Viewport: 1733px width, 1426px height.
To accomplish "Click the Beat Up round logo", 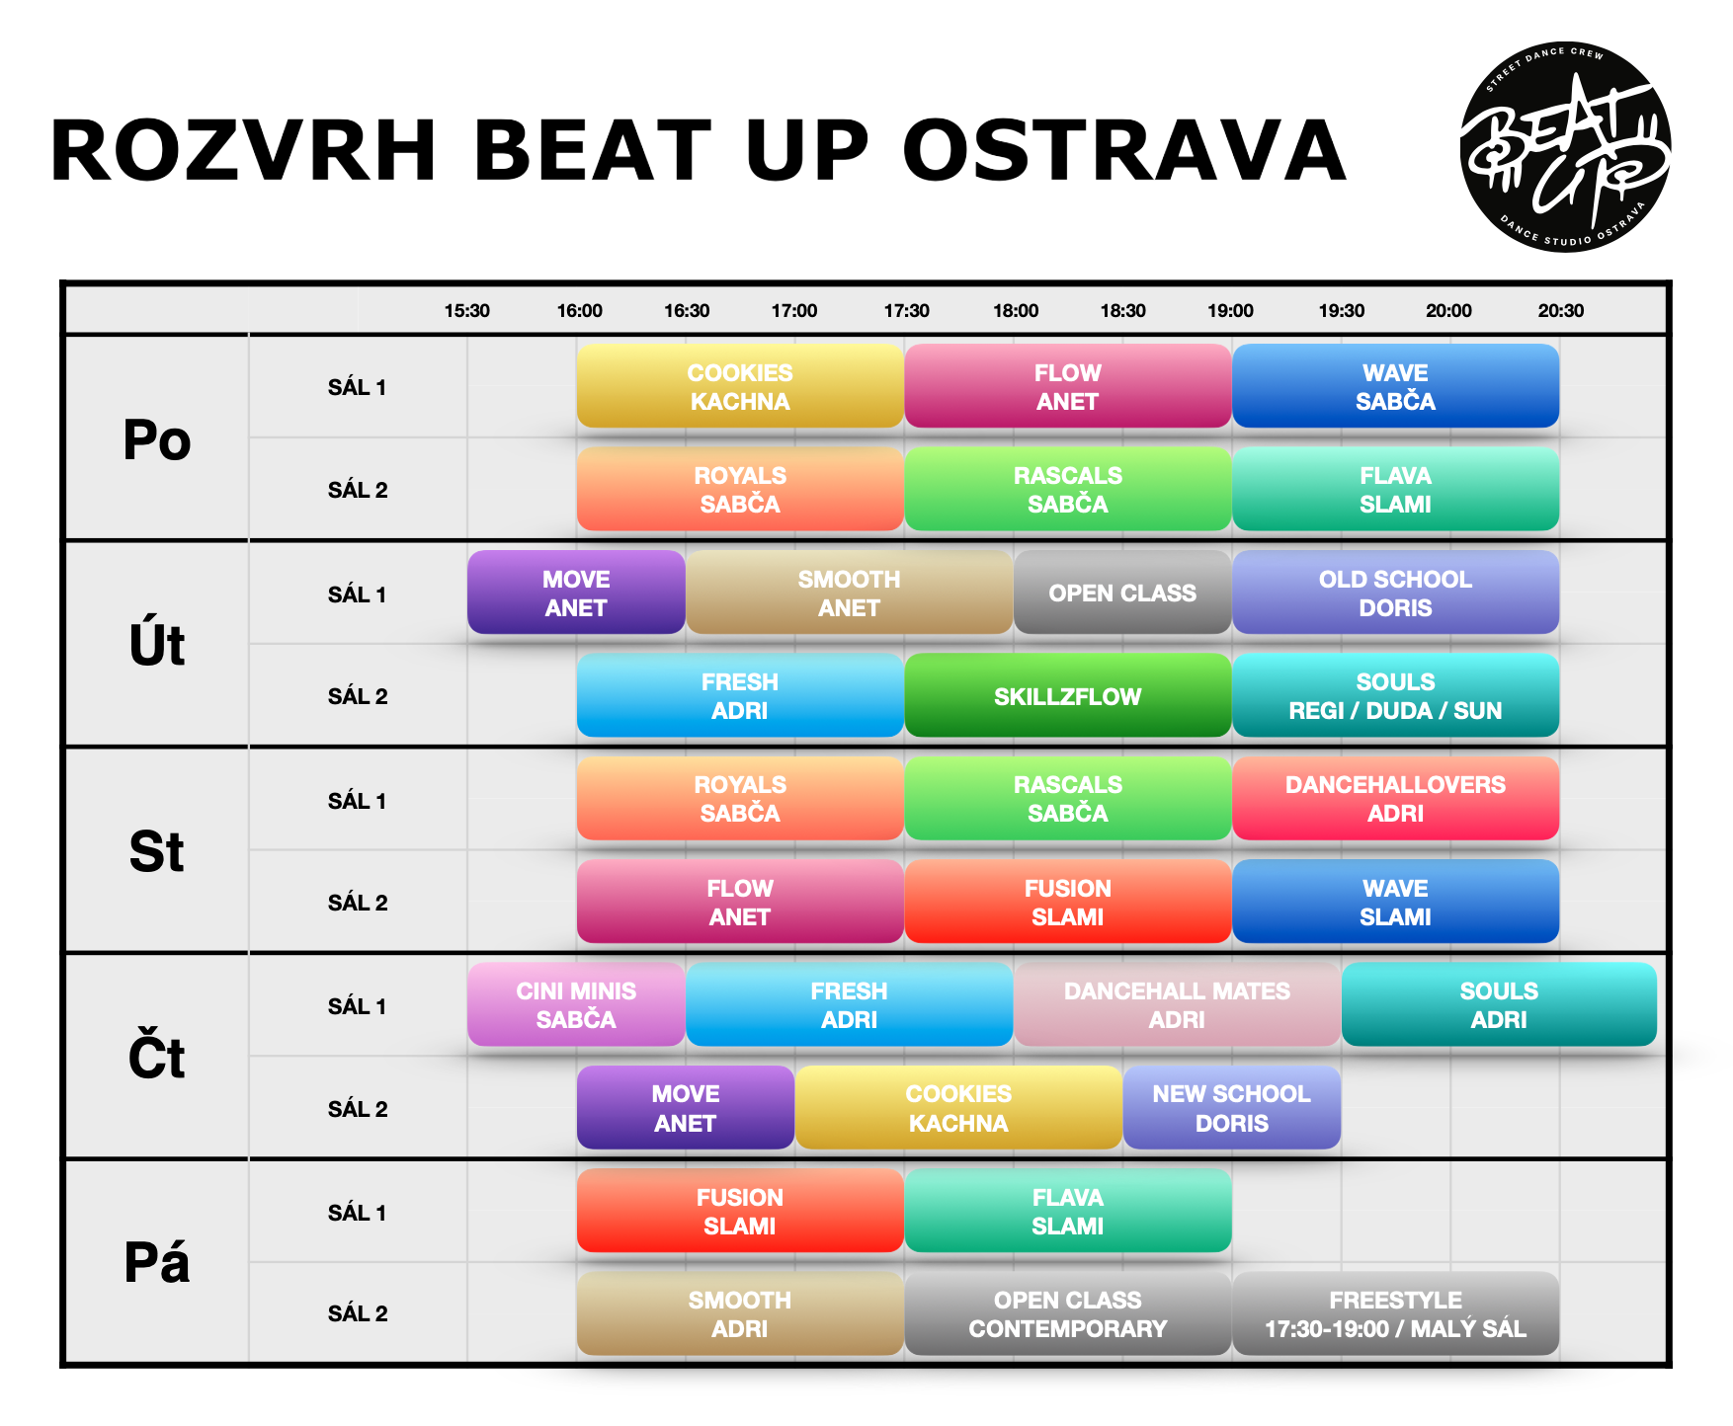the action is coord(1565,147).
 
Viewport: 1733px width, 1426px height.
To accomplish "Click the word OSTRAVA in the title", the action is coord(1124,151).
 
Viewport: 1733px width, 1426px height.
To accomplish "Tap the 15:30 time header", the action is coord(466,311).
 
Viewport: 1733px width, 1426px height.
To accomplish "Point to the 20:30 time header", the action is coord(1560,311).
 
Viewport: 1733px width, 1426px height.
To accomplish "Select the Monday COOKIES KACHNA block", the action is coord(740,386).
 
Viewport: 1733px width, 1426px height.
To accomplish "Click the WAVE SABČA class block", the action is coord(1395,386).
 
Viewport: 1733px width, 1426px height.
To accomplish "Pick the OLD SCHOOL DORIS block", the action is coord(1395,593).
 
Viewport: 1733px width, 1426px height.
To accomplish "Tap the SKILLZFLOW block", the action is coord(1067,696).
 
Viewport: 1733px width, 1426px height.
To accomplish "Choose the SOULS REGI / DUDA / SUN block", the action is coord(1395,696).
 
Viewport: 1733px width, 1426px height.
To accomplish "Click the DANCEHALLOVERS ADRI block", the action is coord(1395,799).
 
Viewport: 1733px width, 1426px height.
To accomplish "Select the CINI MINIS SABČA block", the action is coord(576,1004).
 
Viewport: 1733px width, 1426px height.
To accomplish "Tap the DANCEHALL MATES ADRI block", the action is coord(1177,1004).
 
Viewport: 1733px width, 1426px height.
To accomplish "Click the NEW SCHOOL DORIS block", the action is coord(1231,1108).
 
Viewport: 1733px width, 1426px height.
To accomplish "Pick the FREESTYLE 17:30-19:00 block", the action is coord(1395,1313).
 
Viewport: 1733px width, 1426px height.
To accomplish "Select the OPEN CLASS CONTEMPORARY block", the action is coord(1067,1313).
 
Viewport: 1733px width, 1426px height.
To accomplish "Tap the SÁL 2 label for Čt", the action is coord(358,1109).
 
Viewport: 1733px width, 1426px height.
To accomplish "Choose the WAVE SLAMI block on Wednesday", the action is coord(1395,902).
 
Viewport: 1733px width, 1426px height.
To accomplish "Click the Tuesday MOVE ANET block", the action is coord(576,593).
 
